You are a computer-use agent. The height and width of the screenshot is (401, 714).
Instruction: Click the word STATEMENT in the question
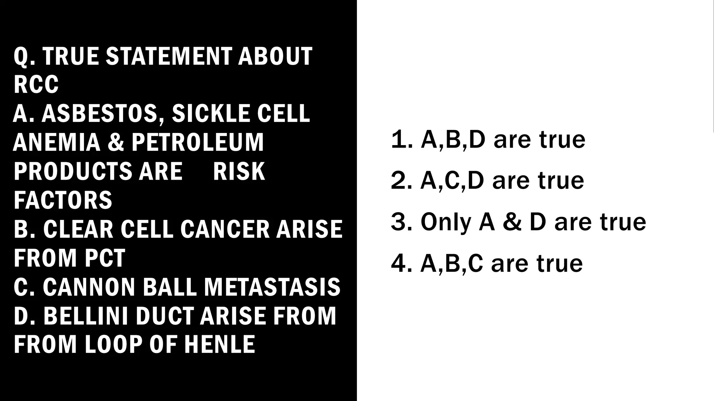coord(169,56)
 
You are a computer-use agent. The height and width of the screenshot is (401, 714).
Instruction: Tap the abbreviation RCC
coord(36,85)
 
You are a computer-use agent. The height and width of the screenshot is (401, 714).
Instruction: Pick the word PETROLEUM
coord(198,142)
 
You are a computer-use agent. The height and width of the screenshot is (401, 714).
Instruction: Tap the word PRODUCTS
coord(73,171)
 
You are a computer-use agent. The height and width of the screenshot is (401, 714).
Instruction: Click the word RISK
coord(239,171)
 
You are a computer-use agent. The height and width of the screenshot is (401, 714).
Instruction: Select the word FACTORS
coord(63,200)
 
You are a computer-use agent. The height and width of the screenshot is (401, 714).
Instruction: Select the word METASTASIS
coord(272,287)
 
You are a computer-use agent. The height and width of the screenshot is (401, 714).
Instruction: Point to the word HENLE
coord(220,344)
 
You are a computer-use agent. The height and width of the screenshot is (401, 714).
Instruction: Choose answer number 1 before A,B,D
coord(402,140)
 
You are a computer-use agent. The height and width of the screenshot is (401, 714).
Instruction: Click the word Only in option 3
coord(446,222)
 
